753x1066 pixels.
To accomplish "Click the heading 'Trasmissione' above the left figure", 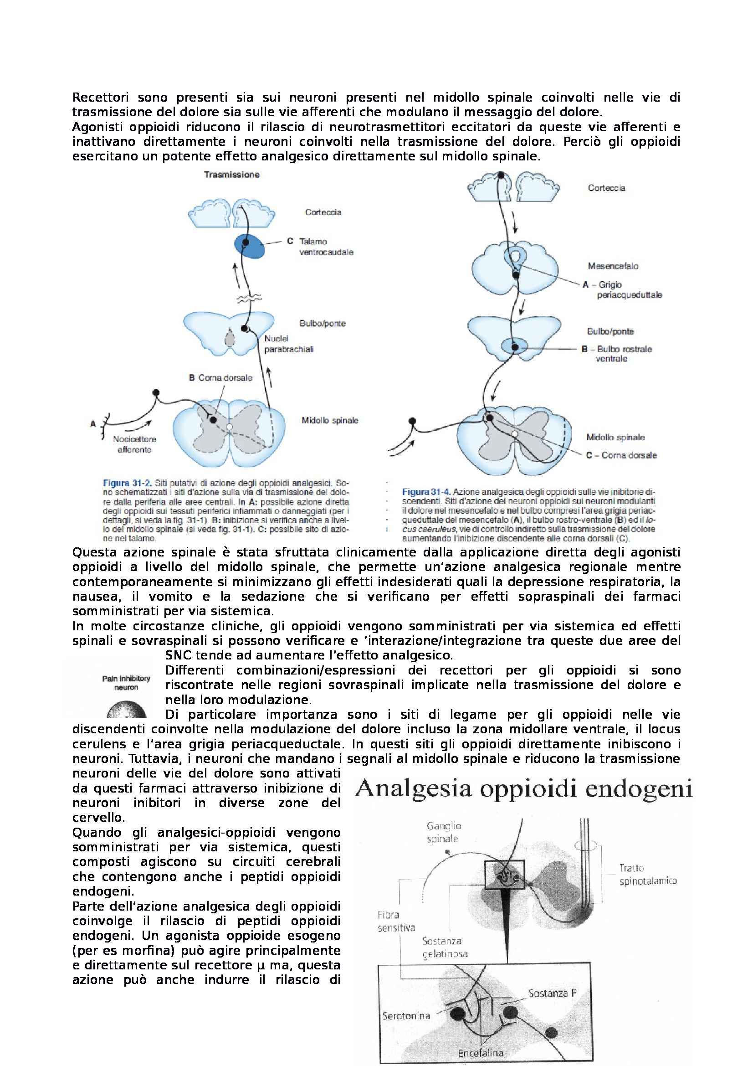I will click(231, 175).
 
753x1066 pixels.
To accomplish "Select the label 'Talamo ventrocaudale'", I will click(326, 247).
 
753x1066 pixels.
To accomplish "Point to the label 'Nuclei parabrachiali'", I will click(288, 344).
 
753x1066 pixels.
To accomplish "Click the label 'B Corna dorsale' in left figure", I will click(220, 377).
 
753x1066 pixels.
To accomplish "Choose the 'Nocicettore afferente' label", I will click(134, 444).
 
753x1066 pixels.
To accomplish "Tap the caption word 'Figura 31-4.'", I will click(426, 492).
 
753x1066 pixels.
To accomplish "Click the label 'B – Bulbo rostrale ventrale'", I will click(617, 353).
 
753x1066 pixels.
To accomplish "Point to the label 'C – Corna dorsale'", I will click(621, 455).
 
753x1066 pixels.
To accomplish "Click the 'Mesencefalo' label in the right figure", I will click(613, 266).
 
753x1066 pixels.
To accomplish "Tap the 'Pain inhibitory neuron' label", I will click(126, 683).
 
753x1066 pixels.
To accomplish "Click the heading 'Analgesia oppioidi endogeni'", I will click(523, 789).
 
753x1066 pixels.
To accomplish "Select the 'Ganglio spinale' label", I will click(444, 832).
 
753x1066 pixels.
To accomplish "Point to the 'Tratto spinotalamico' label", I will click(648, 874).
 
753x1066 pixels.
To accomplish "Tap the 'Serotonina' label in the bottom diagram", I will click(406, 1015).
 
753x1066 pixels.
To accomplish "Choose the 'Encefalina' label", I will click(480, 1053).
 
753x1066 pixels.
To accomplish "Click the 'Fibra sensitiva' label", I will click(396, 921).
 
